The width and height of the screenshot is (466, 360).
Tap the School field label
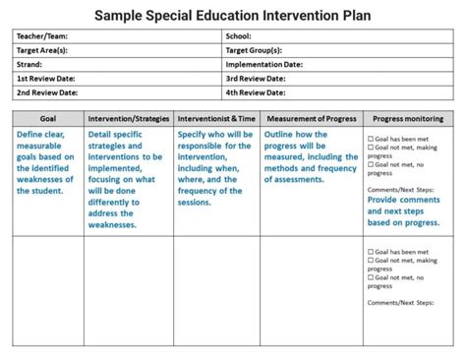[x=239, y=36]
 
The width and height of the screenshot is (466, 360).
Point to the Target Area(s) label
[x=41, y=50]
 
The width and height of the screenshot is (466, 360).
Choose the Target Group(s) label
[x=254, y=50]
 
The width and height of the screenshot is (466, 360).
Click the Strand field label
[x=29, y=64]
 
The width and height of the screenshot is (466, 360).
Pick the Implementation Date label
[x=264, y=64]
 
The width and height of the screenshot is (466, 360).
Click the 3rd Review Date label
[x=256, y=78]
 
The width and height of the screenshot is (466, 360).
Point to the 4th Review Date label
[x=256, y=92]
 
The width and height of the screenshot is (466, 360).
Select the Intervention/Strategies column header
[x=129, y=118]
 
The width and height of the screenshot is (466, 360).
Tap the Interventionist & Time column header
[x=217, y=118]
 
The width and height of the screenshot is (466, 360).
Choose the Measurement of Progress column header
[x=311, y=118]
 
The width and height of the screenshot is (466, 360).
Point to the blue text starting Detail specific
[x=127, y=179]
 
